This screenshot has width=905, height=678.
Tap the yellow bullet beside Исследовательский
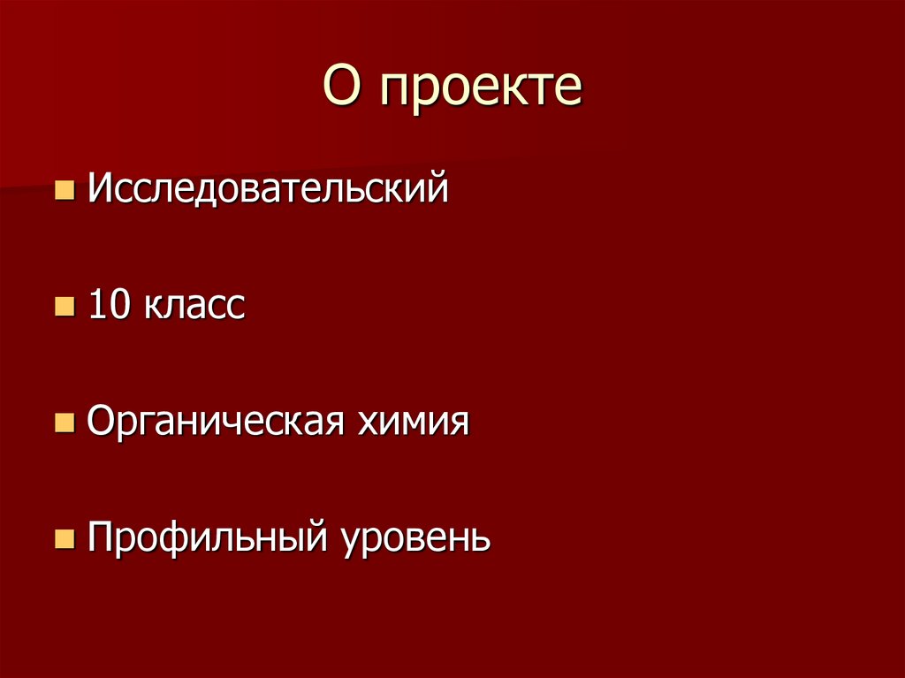[64, 190]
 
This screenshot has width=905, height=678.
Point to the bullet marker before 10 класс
[64, 308]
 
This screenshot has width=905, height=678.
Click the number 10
[108, 306]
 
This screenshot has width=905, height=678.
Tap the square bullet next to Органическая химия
[64, 423]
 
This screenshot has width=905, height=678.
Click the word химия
[413, 423]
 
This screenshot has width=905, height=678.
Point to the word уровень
[415, 540]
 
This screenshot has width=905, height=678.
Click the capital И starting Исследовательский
[99, 189]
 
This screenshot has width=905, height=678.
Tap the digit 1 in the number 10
[96, 306]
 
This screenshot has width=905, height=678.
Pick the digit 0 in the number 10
[118, 306]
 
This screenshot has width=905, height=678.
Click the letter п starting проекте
[395, 92]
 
